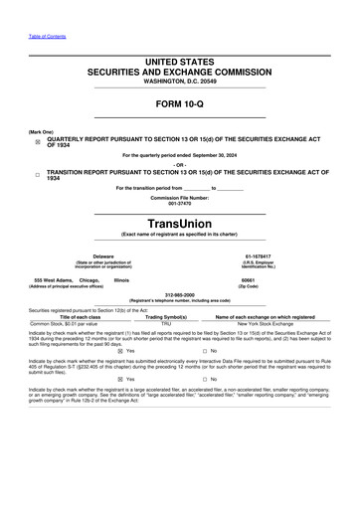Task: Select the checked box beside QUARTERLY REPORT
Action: click(38, 142)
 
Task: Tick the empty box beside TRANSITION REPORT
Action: click(38, 174)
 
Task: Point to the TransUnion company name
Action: click(179, 223)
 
